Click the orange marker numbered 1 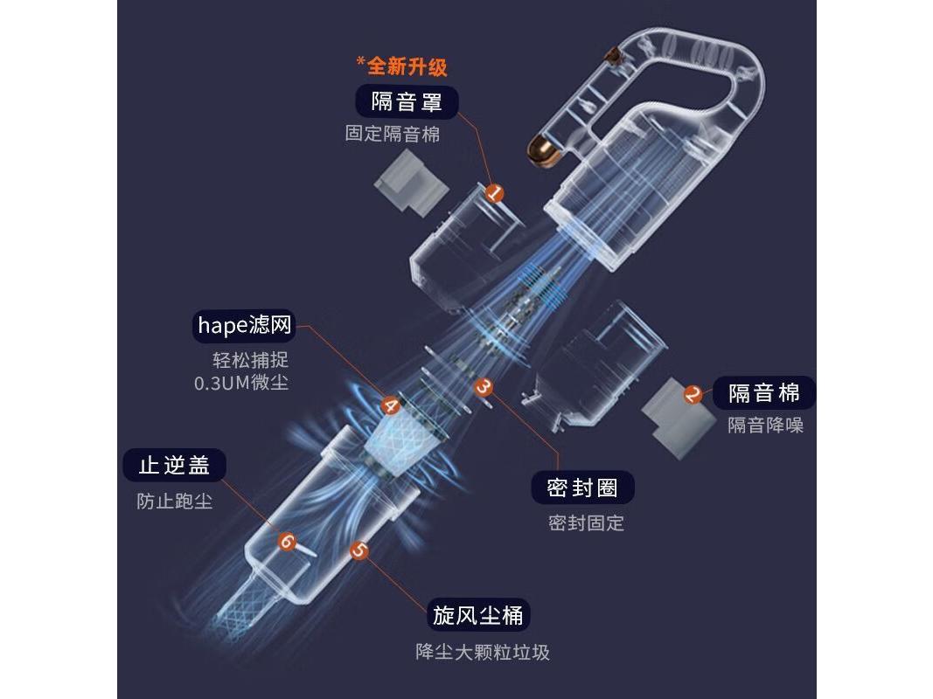coord(495,192)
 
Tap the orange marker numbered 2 coord(693,394)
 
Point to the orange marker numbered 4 coord(390,405)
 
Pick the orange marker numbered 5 coord(359,550)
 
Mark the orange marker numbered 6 coord(286,542)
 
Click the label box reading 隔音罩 coord(407,101)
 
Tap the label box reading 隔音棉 coord(764,392)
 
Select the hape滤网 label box coord(244,327)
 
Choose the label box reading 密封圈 coord(582,488)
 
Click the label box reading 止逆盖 coord(174,465)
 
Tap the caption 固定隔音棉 coord(393,135)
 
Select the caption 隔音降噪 coord(765,426)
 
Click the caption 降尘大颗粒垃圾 coord(483,652)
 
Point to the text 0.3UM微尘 coord(241,383)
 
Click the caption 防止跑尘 coord(174,502)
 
